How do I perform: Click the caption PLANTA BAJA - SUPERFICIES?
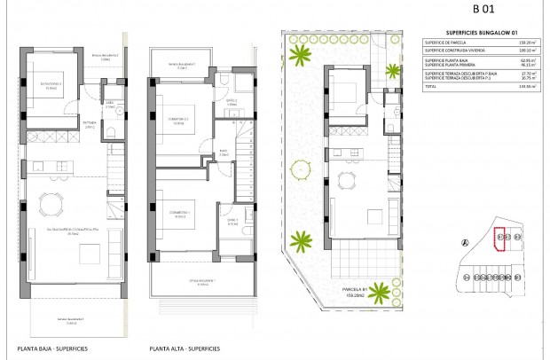point(51,348)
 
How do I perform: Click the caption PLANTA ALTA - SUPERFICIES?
point(185,348)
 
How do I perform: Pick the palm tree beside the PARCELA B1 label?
point(302,239)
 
